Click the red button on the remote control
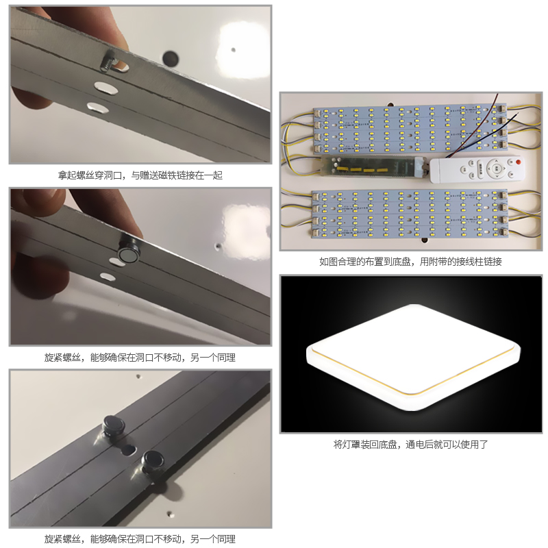(x=519, y=162)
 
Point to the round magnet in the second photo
(x=127, y=254)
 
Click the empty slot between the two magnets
(x=128, y=449)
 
